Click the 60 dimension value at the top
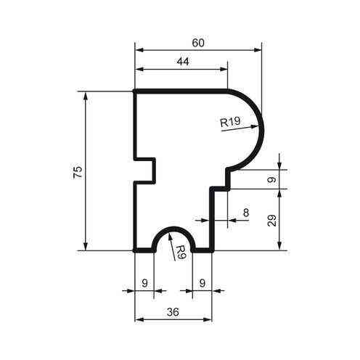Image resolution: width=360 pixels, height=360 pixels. pos(198,43)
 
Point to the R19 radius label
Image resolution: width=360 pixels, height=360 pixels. pos(230,123)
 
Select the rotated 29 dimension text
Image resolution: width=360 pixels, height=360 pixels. pos(271,220)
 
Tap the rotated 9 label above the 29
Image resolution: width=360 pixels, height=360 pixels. pos(271,179)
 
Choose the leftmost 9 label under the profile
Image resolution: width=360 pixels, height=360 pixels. pos(144,282)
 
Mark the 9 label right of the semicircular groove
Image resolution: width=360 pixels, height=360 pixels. pos(202,282)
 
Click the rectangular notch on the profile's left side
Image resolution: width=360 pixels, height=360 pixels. pos(147,170)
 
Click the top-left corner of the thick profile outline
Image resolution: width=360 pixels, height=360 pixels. pos(136,92)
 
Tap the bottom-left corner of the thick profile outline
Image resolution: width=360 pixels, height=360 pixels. pos(136,249)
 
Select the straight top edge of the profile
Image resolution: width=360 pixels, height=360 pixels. pos(181,92)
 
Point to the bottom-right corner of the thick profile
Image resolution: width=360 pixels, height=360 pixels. pos(212,249)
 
